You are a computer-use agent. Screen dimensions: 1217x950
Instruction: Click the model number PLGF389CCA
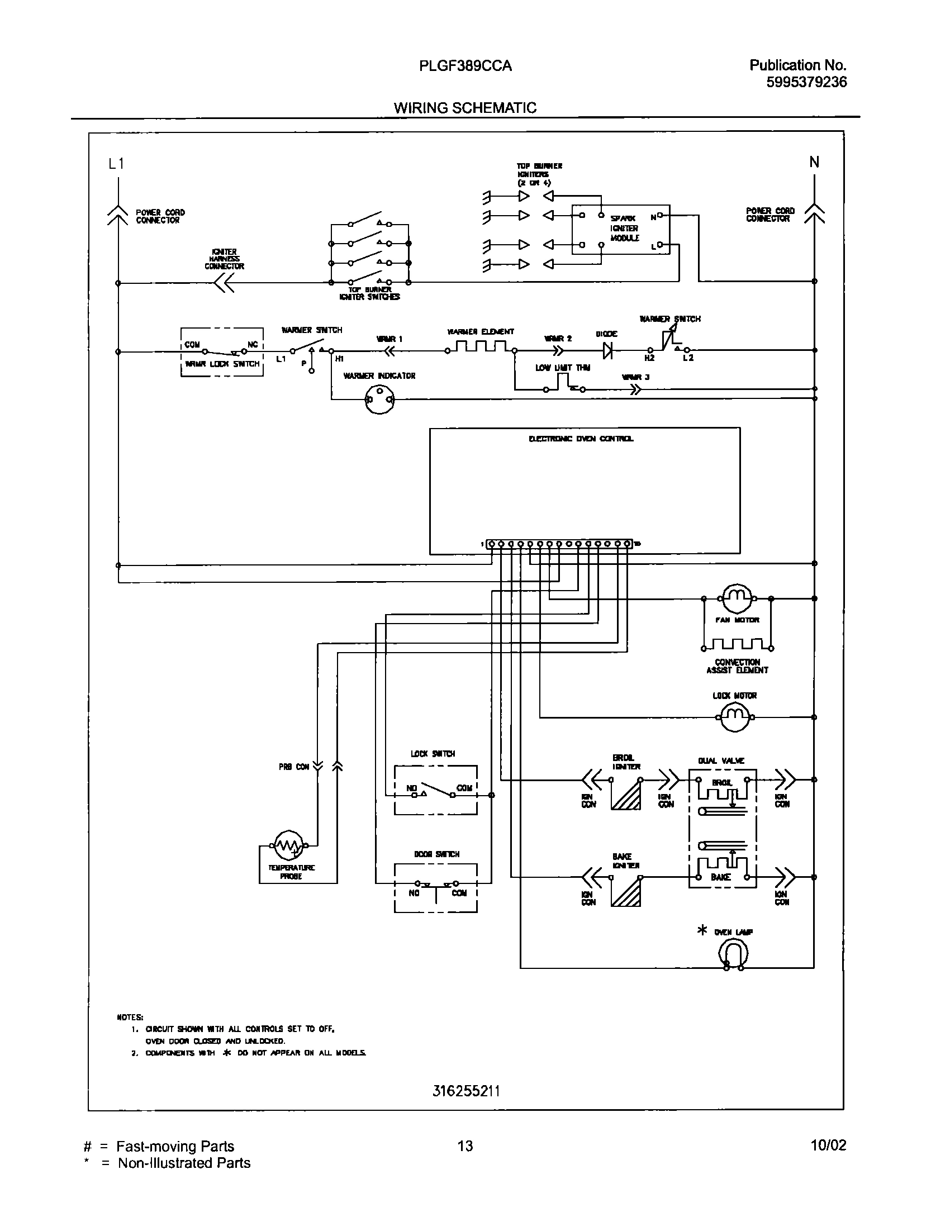465,66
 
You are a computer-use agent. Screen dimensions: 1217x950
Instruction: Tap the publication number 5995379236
806,82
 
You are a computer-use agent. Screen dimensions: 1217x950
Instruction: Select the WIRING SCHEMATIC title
465,108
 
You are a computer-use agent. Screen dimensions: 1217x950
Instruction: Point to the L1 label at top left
116,163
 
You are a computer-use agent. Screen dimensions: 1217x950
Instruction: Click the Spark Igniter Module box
620,230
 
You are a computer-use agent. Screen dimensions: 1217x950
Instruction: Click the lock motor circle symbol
735,717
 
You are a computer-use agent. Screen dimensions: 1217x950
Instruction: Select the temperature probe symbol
288,845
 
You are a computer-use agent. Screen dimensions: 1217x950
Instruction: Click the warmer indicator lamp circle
379,399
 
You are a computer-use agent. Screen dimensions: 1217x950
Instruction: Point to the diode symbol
607,351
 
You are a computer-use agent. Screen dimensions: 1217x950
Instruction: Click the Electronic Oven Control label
581,439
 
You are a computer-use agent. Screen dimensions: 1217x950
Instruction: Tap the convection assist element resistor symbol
737,645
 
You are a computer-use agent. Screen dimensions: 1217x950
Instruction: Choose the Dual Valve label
721,760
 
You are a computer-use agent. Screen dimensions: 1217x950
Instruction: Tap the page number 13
465,1145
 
